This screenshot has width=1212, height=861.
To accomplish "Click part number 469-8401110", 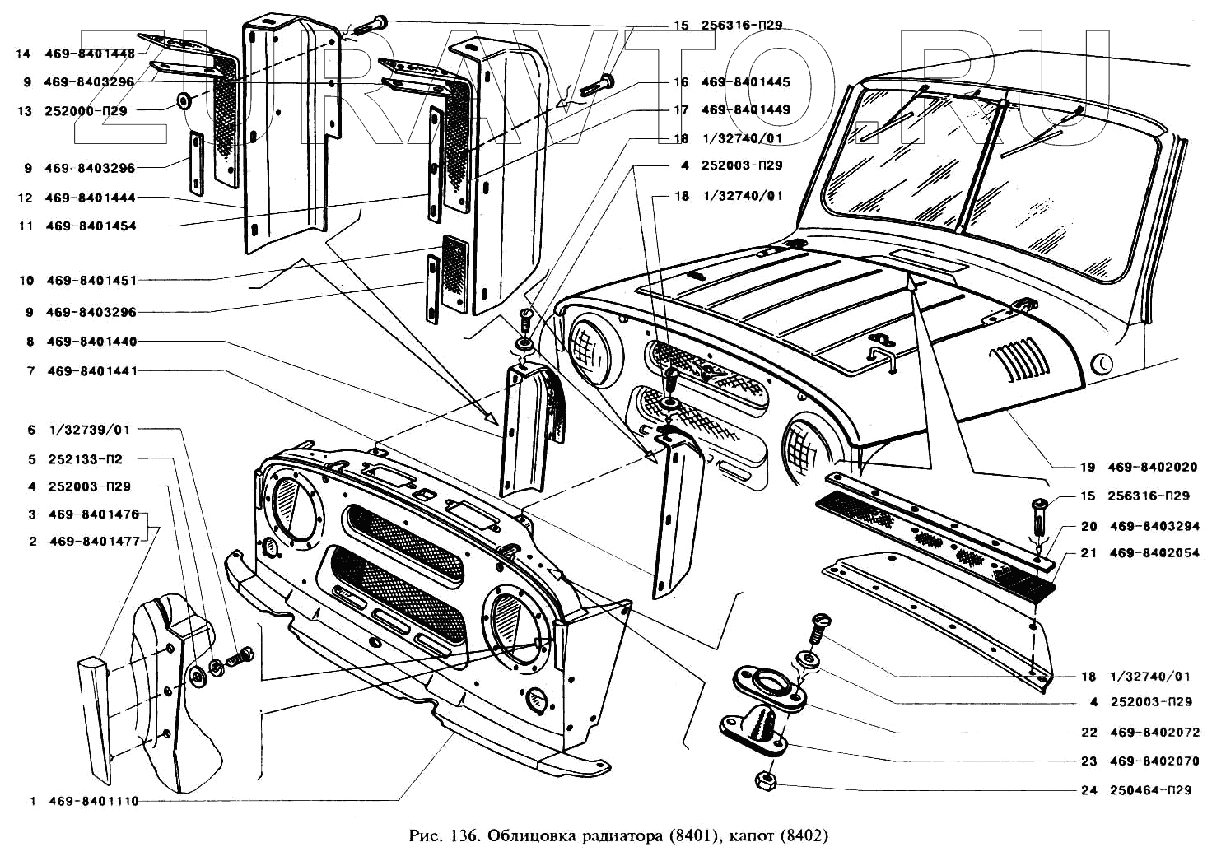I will [x=94, y=801].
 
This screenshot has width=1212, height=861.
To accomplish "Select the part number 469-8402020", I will [x=1152, y=468].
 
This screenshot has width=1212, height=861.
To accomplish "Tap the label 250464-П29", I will [x=1151, y=790].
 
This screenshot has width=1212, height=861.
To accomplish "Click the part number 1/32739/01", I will [x=90, y=430].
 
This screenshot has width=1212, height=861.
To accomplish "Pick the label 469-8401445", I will [x=745, y=82].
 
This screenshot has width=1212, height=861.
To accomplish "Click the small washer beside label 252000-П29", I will [x=183, y=102].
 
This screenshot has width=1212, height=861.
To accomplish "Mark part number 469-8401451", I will [x=91, y=281].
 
